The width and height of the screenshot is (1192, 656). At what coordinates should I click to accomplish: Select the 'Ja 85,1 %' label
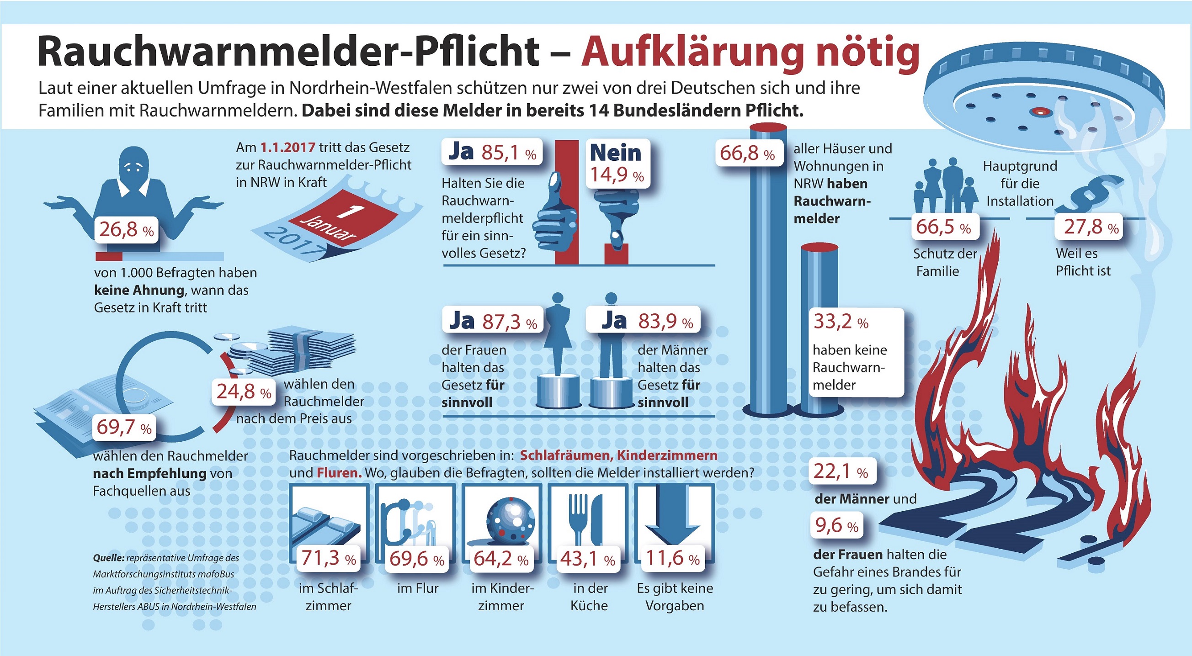pyautogui.click(x=492, y=152)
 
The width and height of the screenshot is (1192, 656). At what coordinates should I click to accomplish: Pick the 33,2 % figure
pyautogui.click(x=841, y=322)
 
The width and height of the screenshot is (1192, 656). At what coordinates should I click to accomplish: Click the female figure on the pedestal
pyautogui.click(x=558, y=333)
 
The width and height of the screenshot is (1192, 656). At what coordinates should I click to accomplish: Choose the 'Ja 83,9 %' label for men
pyautogui.click(x=643, y=321)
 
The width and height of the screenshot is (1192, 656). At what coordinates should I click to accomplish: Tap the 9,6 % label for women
pyautogui.click(x=836, y=526)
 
